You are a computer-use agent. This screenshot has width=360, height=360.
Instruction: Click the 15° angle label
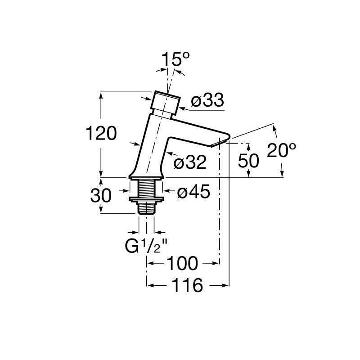176,59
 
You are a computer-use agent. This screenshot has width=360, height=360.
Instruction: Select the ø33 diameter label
207,100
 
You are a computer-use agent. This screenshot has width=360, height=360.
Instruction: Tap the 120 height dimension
101,133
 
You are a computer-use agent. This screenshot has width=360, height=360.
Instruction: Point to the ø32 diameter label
190,162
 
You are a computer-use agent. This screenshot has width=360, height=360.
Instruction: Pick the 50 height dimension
248,161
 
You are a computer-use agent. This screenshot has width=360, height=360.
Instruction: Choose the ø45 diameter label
193,191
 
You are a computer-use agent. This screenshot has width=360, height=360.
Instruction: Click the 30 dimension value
101,195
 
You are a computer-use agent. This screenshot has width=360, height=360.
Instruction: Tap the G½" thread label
146,246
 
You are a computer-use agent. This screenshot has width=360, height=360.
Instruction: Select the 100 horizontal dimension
182,264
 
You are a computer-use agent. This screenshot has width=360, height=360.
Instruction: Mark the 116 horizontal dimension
188,285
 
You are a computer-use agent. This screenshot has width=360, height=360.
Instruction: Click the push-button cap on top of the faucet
165,103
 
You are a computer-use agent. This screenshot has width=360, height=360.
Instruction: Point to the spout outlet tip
221,142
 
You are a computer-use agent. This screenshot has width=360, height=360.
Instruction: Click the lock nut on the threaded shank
147,199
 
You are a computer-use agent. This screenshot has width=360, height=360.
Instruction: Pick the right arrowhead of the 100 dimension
216,263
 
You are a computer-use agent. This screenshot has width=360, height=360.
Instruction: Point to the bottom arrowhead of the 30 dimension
101,209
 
